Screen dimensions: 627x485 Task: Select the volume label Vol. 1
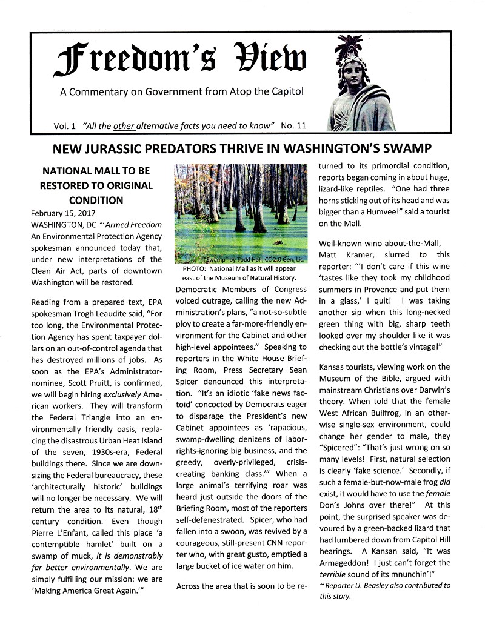[64, 126]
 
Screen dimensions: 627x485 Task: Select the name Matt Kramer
[343, 254]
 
